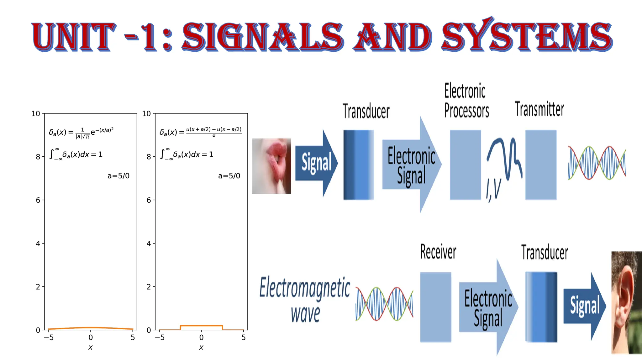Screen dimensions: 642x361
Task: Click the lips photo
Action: click(x=271, y=166)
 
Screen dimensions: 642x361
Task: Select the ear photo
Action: click(x=626, y=302)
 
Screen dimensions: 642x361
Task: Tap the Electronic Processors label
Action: click(x=466, y=101)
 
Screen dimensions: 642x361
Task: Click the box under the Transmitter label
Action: click(x=541, y=165)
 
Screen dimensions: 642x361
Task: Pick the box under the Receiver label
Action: click(x=435, y=307)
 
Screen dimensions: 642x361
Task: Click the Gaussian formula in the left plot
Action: click(x=81, y=132)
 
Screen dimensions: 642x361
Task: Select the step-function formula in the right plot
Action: click(x=201, y=132)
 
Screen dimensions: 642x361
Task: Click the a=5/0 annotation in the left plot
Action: click(x=118, y=176)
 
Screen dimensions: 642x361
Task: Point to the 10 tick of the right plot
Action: click(x=146, y=113)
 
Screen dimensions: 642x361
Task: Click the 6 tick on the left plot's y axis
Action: click(x=38, y=200)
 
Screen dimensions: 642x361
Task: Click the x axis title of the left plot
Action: click(x=90, y=347)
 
